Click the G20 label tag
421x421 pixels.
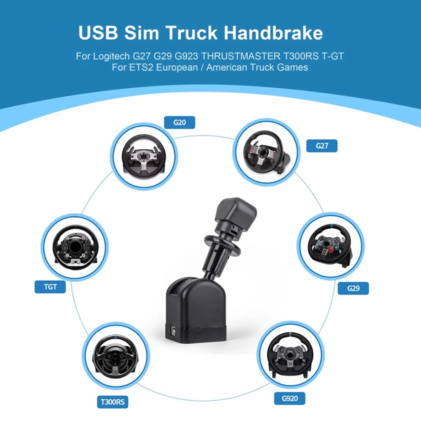click(x=179, y=122)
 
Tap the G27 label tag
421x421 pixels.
click(x=322, y=146)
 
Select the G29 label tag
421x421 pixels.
click(x=353, y=288)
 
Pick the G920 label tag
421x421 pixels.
click(x=290, y=398)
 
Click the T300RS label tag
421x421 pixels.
click(x=113, y=402)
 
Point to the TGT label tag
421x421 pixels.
click(x=50, y=287)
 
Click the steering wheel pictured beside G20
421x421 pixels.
click(x=144, y=156)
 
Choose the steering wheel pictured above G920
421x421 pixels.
click(x=290, y=354)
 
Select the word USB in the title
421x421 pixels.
click(x=98, y=33)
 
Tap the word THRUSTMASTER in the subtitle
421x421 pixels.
click(x=241, y=56)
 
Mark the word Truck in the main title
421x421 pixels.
click(x=191, y=33)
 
